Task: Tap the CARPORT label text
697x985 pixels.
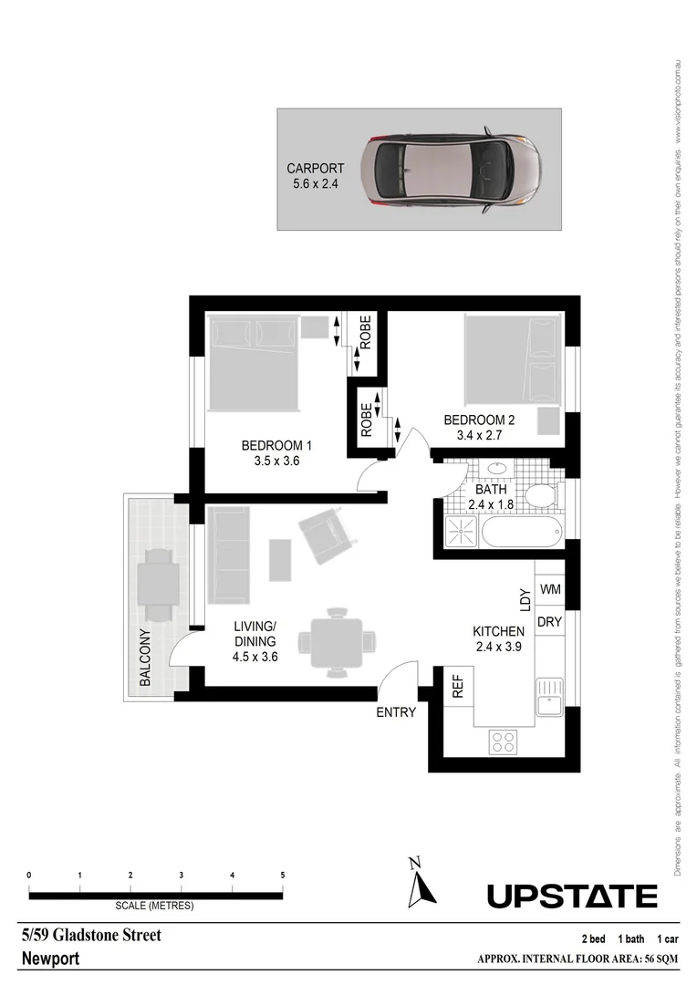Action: pos(315,169)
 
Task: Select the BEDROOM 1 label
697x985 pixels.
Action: pos(276,446)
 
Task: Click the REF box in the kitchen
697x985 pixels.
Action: pos(458,687)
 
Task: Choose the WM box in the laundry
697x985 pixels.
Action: pos(550,590)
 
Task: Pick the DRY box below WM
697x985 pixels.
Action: pos(550,622)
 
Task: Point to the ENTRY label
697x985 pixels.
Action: pos(396,712)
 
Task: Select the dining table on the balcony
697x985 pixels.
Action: pos(157,579)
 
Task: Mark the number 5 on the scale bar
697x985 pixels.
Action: pos(283,875)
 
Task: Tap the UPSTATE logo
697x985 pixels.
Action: pos(572,897)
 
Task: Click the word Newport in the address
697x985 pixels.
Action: pos(50,959)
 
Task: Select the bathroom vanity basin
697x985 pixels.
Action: pos(498,470)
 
